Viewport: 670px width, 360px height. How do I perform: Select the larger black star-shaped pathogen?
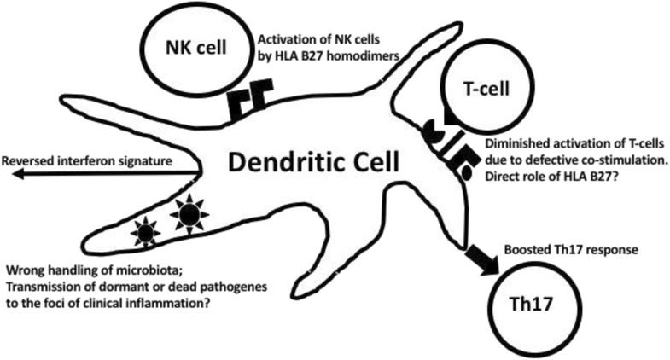[x=187, y=214]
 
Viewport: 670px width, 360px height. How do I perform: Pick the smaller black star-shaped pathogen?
[x=146, y=231]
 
